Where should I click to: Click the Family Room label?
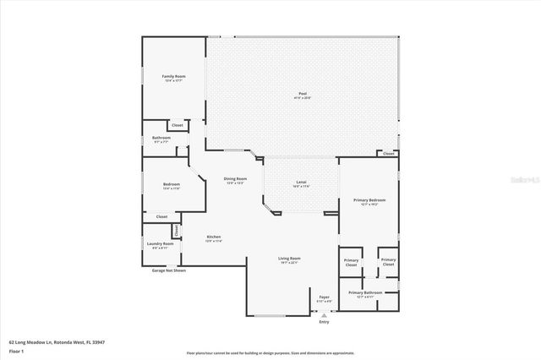click(x=173, y=76)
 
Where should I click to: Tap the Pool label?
click(x=302, y=93)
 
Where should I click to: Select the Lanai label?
click(x=301, y=183)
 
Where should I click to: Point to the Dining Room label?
click(x=235, y=178)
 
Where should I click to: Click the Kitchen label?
click(x=213, y=237)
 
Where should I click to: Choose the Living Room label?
click(x=290, y=258)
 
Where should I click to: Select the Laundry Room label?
click(x=161, y=243)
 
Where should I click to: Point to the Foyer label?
click(x=324, y=296)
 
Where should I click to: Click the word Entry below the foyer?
click(x=324, y=322)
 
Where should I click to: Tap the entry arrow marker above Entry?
click(x=324, y=314)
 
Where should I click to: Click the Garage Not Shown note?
click(x=168, y=270)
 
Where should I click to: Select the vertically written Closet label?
click(x=176, y=229)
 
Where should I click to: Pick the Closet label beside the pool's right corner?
click(x=388, y=154)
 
